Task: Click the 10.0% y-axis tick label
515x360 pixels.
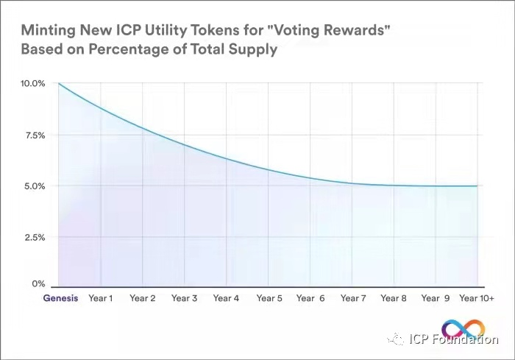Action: (x=33, y=84)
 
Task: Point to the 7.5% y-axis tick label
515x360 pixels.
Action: (x=35, y=135)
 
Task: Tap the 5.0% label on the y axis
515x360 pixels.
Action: (x=35, y=186)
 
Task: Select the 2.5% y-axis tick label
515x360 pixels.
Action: (x=35, y=237)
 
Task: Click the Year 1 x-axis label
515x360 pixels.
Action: (x=100, y=298)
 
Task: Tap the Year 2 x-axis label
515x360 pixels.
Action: (x=142, y=298)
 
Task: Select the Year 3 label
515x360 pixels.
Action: (x=184, y=298)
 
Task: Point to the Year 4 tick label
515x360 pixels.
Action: (x=226, y=298)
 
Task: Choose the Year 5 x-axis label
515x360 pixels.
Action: (x=269, y=298)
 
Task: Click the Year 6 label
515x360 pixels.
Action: (x=310, y=298)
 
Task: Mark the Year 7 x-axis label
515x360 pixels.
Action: (x=352, y=298)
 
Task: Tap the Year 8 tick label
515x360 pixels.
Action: (x=394, y=298)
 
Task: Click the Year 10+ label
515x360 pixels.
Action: (x=477, y=298)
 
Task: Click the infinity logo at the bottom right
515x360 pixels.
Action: (x=464, y=328)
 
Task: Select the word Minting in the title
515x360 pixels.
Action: (x=48, y=32)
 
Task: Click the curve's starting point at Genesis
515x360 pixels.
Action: (x=59, y=84)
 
